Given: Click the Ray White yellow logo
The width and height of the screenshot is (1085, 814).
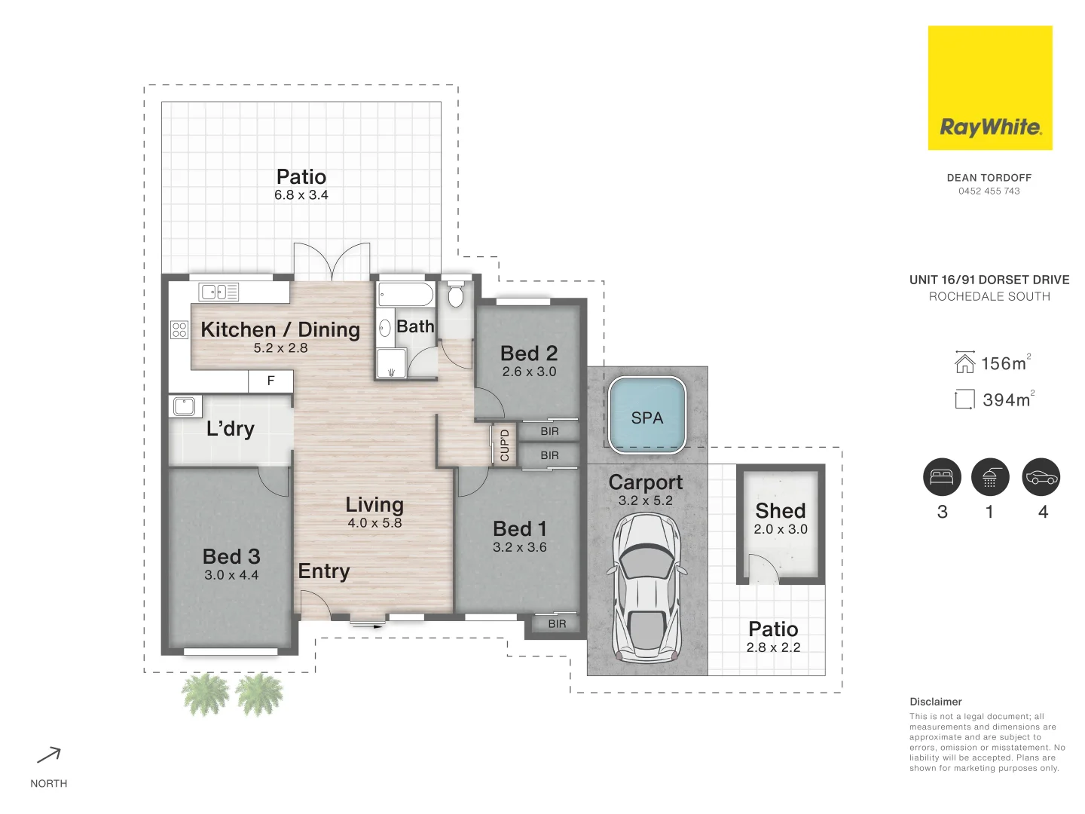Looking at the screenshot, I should tap(989, 87).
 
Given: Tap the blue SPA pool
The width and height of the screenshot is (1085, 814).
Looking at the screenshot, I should tap(647, 417).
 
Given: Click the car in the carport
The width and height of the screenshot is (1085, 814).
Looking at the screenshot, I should tap(646, 587).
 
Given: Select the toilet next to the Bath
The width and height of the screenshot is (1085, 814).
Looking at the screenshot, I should tap(455, 295).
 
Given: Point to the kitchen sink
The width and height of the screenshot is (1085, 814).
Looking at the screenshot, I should tap(219, 292).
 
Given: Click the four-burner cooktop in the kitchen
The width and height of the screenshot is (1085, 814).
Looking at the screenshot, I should tap(179, 329).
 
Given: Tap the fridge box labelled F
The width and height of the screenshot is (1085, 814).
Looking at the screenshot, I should tap(270, 381).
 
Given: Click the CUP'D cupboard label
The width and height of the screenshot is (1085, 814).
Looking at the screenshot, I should tap(505, 445).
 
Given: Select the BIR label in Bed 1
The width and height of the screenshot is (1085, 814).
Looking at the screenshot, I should tap(557, 624).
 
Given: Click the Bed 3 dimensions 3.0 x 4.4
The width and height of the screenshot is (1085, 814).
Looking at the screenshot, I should tap(231, 575).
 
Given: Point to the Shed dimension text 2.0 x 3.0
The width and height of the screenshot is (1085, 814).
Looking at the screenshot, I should tap(781, 529).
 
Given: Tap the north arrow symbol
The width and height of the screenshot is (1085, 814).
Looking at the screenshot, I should tap(49, 755).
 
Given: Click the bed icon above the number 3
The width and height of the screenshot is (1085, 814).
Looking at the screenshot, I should tap(942, 477).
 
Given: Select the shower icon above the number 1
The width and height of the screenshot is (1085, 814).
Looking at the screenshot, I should tap(990, 477).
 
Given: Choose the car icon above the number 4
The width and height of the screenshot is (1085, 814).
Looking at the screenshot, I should tap(1041, 477).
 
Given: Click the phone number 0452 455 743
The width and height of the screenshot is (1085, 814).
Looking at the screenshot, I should tap(989, 191).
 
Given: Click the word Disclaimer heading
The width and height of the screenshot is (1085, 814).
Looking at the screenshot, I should tap(936, 702).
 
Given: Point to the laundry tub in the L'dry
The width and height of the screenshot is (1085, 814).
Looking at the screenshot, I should tap(184, 406).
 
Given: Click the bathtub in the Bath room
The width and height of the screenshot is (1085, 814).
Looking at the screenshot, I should tap(405, 295).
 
